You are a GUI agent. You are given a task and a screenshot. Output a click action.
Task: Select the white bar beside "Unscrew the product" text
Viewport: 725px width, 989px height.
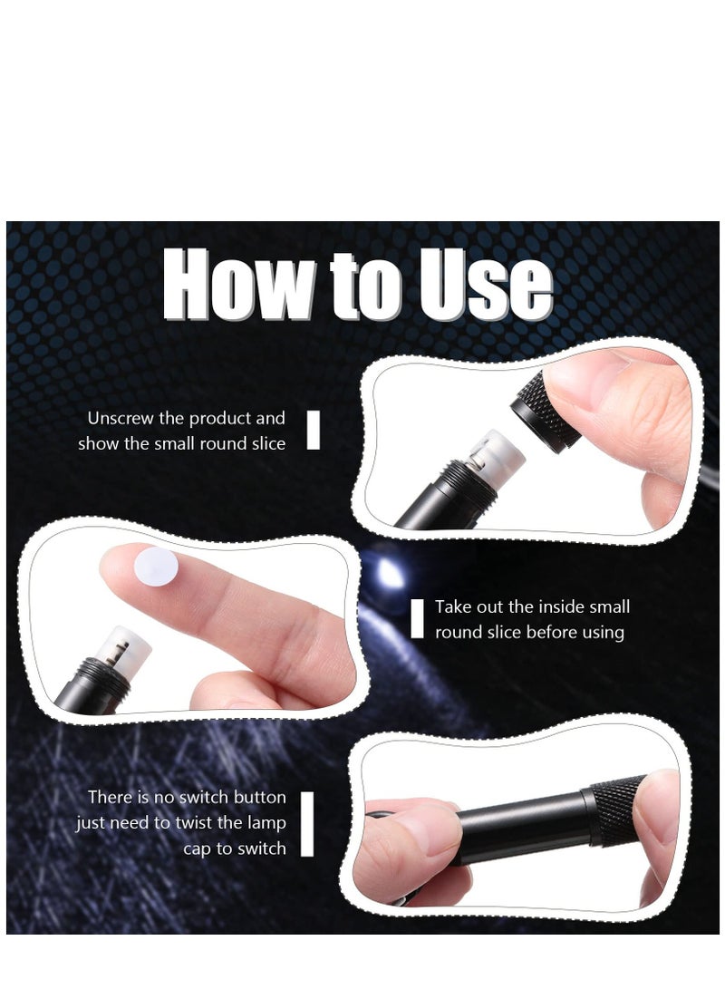click(314, 430)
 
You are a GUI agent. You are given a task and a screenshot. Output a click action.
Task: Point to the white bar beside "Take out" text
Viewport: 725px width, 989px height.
click(417, 618)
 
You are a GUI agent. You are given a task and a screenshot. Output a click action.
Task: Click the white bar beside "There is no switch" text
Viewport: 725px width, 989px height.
click(307, 823)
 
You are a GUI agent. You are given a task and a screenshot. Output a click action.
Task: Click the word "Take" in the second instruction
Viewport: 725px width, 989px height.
click(453, 607)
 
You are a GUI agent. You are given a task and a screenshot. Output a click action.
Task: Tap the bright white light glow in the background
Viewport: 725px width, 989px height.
click(391, 573)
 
